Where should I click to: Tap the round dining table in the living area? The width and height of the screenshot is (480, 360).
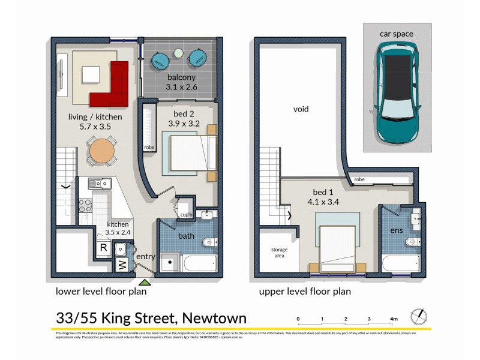point(102,151)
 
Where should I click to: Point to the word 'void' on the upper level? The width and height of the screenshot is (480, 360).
point(301,109)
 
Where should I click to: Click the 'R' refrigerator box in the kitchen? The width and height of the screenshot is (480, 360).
point(103,247)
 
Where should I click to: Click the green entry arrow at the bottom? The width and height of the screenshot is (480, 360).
point(144,281)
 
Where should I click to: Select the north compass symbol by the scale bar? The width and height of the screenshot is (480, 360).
point(419,316)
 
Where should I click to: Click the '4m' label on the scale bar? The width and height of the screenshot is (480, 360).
point(394,319)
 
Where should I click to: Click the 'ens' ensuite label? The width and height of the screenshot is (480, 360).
point(397,230)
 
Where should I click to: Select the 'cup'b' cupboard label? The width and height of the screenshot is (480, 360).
point(185,215)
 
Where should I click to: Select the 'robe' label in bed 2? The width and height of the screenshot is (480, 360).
point(149,147)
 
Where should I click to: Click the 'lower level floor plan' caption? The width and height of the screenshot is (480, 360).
point(101,292)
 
